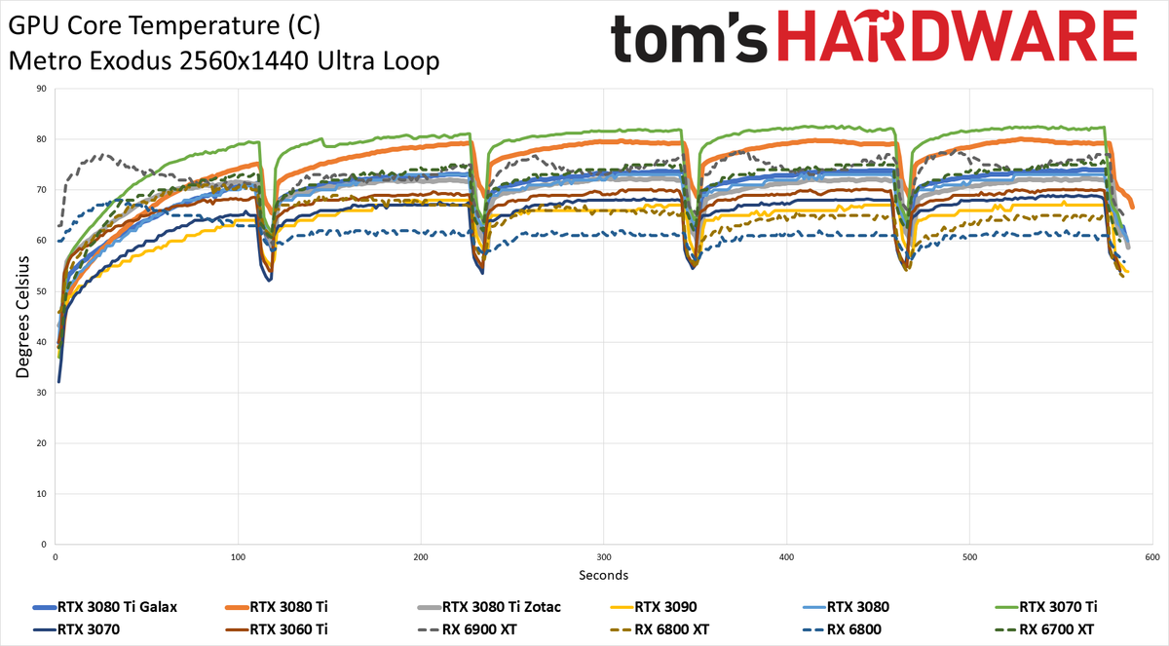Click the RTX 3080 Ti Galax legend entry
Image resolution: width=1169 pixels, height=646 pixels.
105,607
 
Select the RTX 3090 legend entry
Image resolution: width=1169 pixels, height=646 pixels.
654,607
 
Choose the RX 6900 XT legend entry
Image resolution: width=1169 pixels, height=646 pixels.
467,629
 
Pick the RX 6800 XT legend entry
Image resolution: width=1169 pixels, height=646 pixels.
660,629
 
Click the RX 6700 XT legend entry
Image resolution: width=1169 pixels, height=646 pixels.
1044,629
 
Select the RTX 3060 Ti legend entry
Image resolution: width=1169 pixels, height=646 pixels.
277,629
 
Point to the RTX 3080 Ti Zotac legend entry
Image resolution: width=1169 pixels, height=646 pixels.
489,607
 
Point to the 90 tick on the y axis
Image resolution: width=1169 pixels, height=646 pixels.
41,89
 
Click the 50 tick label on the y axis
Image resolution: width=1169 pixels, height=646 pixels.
41,291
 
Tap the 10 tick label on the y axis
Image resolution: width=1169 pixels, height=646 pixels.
41,494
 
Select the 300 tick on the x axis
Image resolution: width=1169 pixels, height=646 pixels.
603,557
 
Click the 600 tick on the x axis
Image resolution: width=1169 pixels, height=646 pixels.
1152,557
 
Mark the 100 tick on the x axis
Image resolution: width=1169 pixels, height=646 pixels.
238,557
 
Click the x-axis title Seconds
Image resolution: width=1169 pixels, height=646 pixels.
603,575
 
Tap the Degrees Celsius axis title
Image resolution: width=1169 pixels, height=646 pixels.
22,317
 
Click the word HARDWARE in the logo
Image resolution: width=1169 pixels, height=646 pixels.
957,36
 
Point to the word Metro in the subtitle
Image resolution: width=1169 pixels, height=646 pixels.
46,61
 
